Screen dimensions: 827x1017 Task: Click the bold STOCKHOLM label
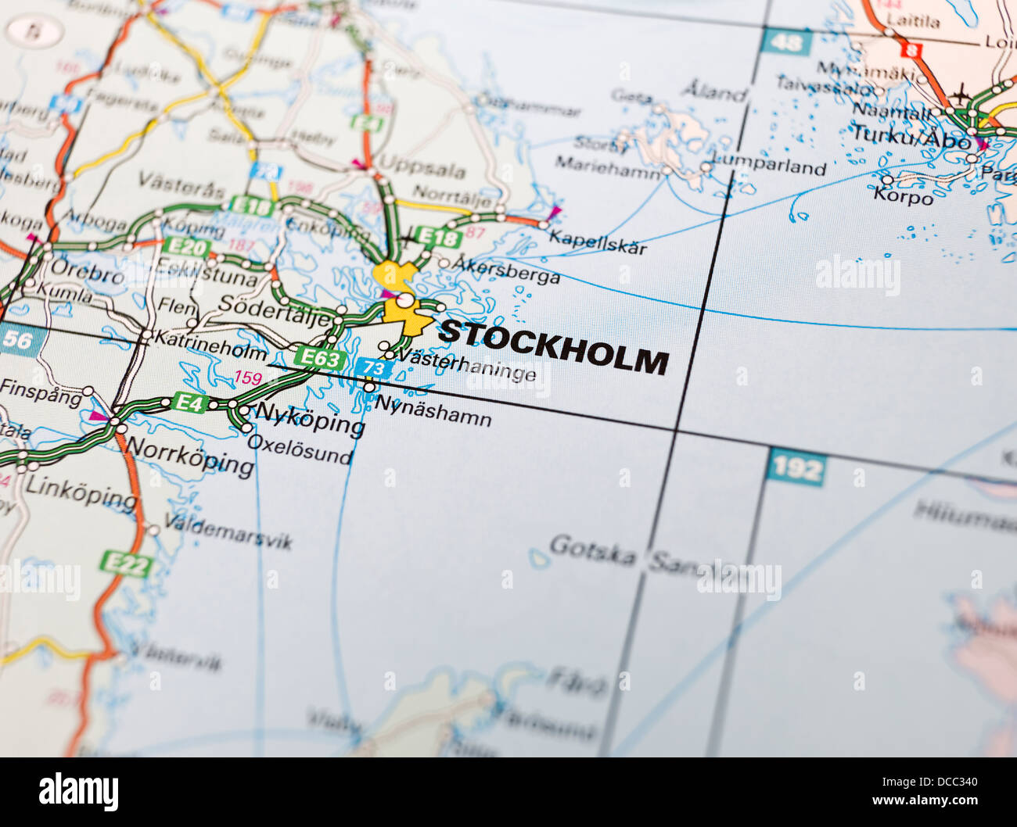pyautogui.click(x=552, y=346)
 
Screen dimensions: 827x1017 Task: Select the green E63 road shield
pyautogui.click(x=320, y=359)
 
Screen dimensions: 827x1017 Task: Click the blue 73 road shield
pyautogui.click(x=373, y=368)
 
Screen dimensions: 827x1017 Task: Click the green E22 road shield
pyautogui.click(x=125, y=564)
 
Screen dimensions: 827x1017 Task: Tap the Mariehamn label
pyautogui.click(x=607, y=166)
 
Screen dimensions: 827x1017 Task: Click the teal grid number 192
pyautogui.click(x=796, y=469)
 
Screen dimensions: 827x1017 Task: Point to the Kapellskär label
pyautogui.click(x=598, y=242)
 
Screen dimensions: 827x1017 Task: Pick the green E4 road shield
pyautogui.click(x=189, y=403)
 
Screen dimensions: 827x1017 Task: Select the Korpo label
pyautogui.click(x=903, y=195)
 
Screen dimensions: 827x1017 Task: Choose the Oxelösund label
pyautogui.click(x=300, y=449)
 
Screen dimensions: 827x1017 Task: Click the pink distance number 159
pyautogui.click(x=248, y=378)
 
